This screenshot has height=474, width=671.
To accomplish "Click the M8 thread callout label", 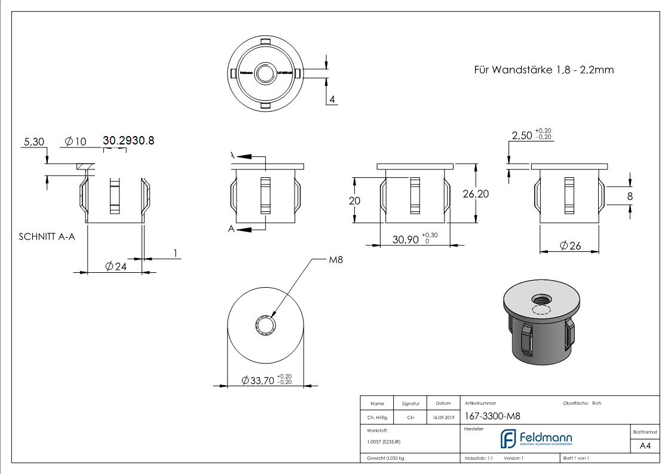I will pos(335,260).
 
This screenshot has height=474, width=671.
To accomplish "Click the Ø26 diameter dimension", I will pos(570,245).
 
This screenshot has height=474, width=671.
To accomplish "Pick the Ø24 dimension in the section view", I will pos(115,267).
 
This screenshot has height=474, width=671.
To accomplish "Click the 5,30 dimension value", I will pos(33,141).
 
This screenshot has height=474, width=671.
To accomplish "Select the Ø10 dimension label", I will pos(75,141).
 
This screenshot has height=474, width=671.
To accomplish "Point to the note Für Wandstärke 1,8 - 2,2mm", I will pos(544,70).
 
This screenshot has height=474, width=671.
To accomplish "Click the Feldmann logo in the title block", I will pos(536,439).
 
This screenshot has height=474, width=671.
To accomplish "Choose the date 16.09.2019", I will pos(443,418).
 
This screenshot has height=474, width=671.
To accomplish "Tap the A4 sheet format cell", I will pos(645,446).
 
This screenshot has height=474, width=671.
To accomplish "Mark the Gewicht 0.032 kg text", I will pos(386,458).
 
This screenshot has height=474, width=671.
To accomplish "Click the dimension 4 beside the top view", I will pos(332,99).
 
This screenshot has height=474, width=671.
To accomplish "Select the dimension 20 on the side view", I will pos(354,201).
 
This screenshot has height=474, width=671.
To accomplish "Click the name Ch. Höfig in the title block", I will pos(377,418).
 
